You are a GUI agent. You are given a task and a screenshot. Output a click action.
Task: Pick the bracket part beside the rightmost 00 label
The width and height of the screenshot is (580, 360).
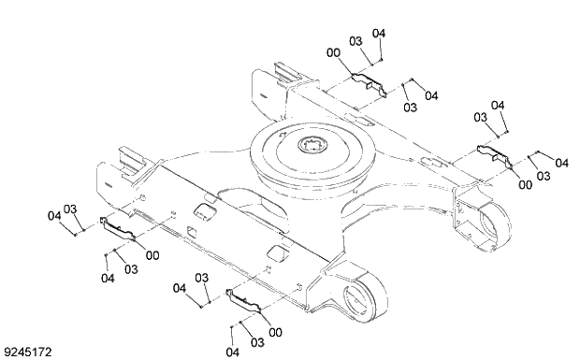click(x=492, y=155)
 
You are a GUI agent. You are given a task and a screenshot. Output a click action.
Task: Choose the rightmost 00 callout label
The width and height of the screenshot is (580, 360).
click(x=525, y=185)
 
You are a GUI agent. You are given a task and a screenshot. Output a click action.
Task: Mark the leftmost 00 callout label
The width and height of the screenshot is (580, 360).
click(x=152, y=255)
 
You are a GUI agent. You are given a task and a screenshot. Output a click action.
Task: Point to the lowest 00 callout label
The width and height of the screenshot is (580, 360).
click(x=275, y=332)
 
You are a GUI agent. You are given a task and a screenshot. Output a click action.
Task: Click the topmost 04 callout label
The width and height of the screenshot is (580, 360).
click(x=379, y=34)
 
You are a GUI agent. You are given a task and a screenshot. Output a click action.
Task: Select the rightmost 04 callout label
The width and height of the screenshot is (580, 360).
click(x=561, y=163)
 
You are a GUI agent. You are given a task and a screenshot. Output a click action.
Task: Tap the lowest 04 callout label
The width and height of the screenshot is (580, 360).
click(x=232, y=352)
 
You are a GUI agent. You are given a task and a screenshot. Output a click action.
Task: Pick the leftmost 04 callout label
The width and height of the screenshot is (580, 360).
click(x=53, y=216)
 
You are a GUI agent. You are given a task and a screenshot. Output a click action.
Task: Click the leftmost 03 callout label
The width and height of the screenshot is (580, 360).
click(x=70, y=209)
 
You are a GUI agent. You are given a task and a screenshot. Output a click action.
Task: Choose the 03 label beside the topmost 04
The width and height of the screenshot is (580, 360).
click(x=355, y=41)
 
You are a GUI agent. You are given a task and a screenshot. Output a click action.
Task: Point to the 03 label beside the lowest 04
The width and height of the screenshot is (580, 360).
click(x=257, y=342)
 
